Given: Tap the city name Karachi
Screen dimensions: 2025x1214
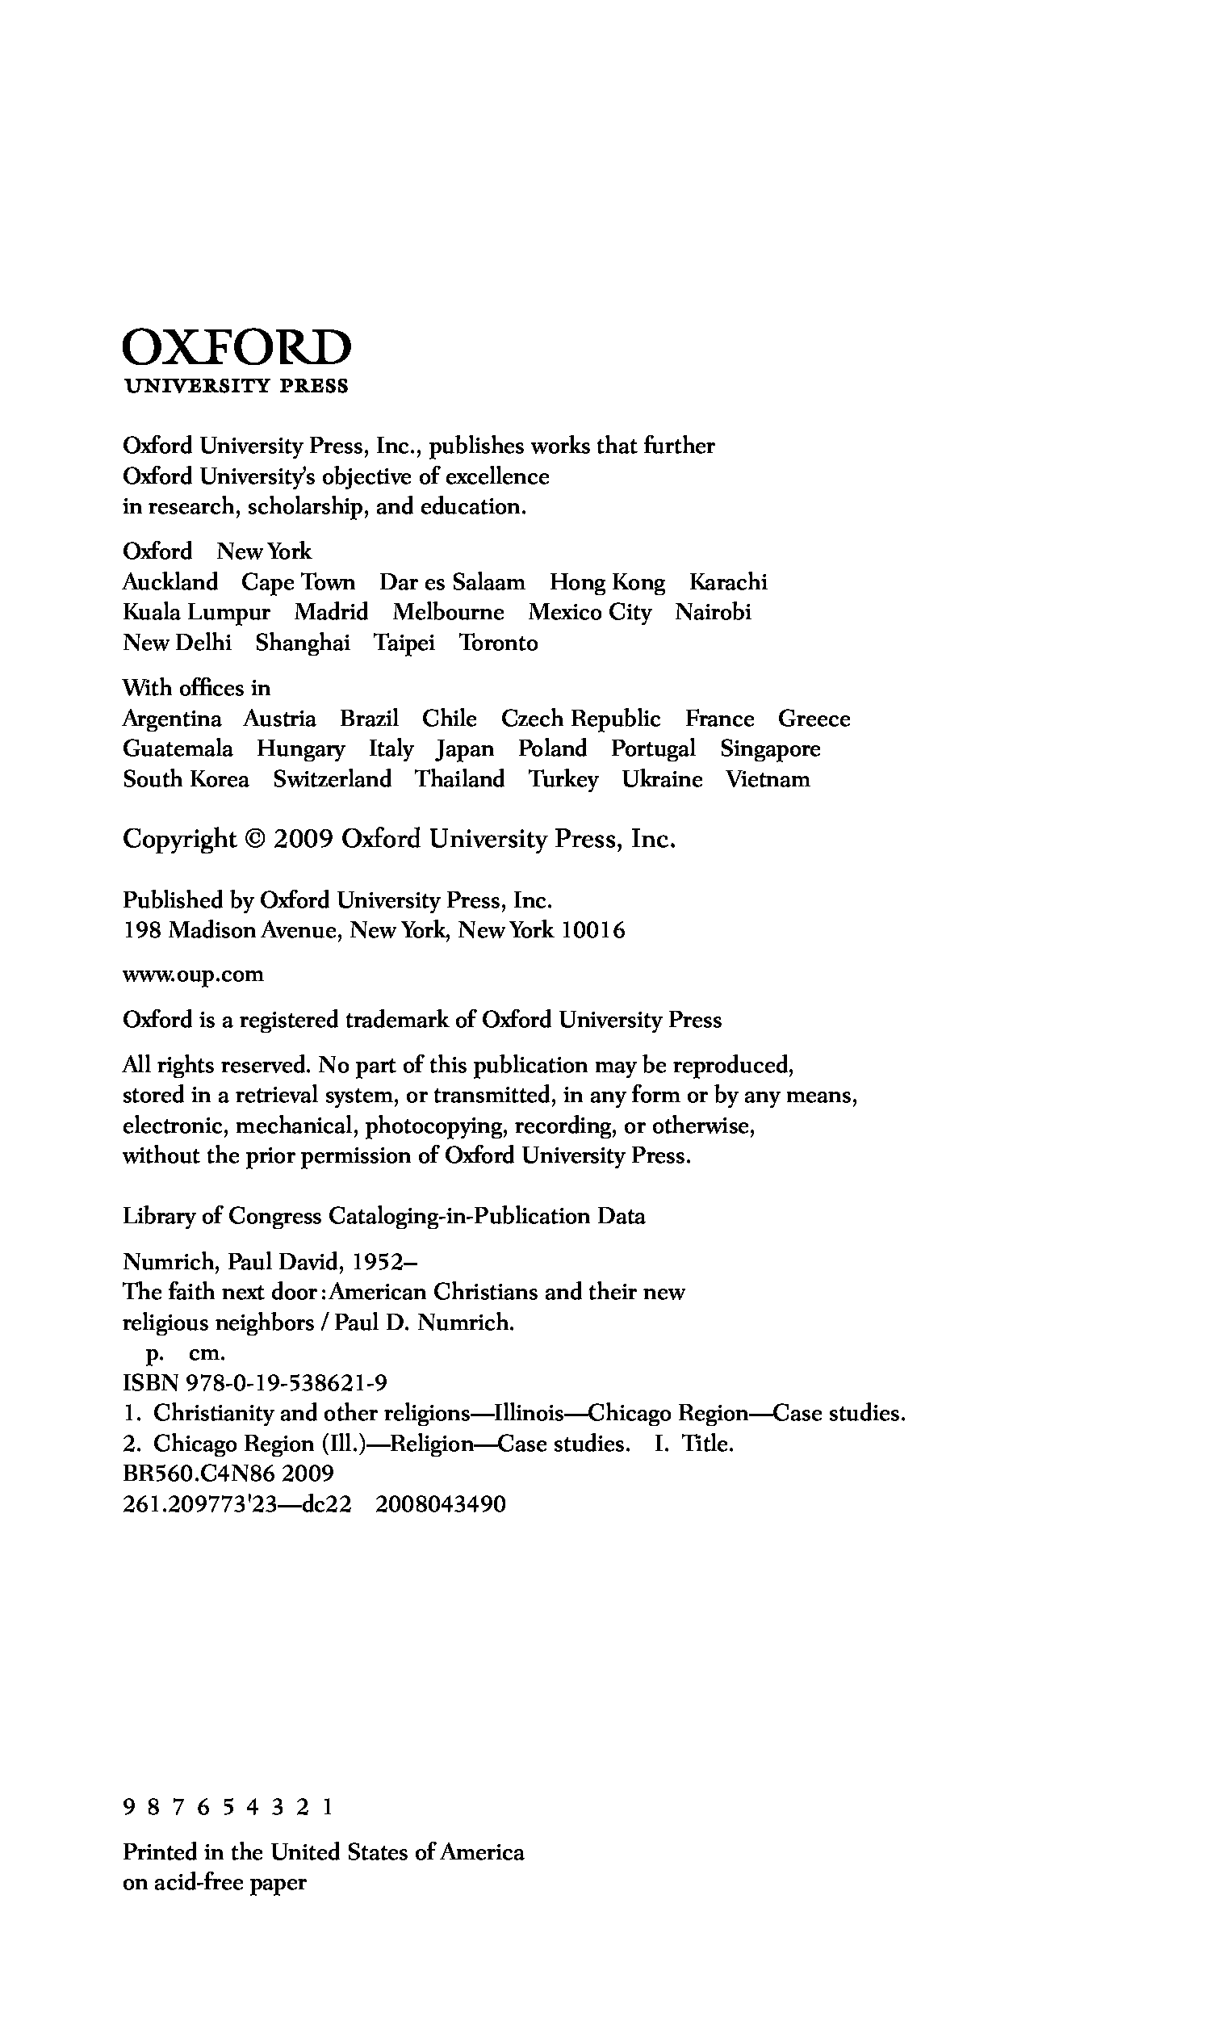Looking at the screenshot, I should pos(728,582).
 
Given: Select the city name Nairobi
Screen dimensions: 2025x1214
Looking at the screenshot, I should pos(713,613).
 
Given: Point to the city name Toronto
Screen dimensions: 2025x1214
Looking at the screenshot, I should pos(497,643).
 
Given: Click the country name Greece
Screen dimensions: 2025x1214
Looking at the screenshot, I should pos(813,719).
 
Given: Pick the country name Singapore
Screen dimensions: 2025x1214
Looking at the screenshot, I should pos(770,749).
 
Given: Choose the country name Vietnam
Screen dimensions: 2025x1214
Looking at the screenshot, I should pos(768,780).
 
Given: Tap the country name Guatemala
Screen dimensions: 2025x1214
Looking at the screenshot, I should pos(178,749).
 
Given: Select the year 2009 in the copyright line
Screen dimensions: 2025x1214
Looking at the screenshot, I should pos(303,840).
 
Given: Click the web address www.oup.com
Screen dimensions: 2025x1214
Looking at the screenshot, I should pos(193,975).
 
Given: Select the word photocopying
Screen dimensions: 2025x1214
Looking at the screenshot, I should pos(435,1126).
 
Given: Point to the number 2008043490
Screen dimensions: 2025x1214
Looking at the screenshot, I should pos(441,1505).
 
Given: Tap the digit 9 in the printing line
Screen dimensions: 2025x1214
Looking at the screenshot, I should pos(128,1807).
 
